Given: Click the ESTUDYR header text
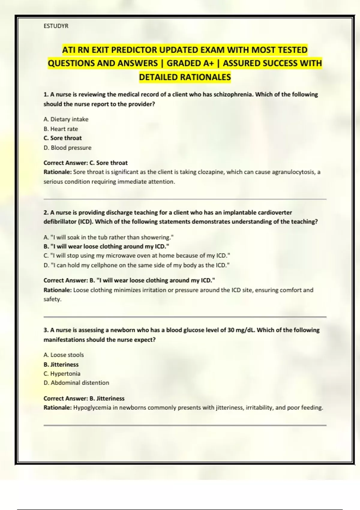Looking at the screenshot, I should point(56,26).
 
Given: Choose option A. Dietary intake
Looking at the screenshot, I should point(66,119).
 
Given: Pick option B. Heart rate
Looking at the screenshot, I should point(61,129).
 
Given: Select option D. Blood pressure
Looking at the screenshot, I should point(67,148).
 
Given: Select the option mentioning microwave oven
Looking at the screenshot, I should point(137,256).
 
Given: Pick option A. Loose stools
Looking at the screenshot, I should point(64,355).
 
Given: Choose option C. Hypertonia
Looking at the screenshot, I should point(62,374).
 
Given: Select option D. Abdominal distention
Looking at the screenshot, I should point(76,383).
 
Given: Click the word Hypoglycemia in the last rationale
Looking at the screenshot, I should point(92,408).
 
